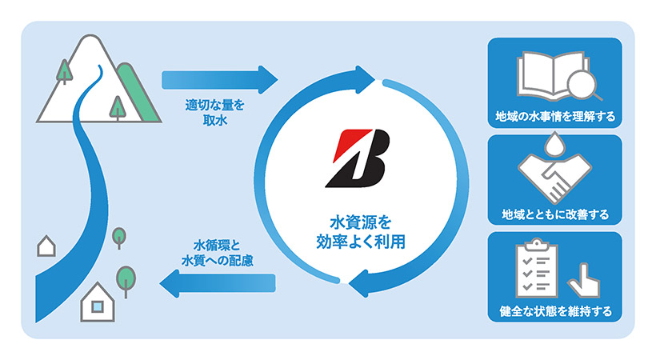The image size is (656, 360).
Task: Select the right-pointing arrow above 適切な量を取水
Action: click(x=219, y=80)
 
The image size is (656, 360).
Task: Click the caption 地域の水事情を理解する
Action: click(x=554, y=118)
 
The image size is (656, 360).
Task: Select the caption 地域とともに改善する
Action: click(x=554, y=214)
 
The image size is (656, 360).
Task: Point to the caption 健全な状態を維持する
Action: click(x=554, y=312)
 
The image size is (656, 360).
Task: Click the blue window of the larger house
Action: click(x=97, y=306)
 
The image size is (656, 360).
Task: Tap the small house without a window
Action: click(x=46, y=245)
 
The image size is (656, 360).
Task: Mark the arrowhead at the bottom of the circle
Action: click(x=359, y=283)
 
